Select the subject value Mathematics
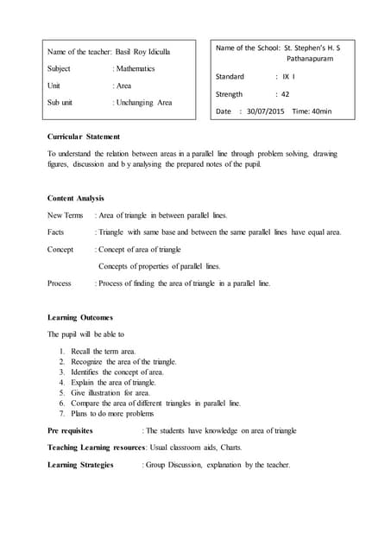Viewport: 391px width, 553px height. (x=136, y=68)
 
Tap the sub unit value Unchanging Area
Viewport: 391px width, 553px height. (x=144, y=103)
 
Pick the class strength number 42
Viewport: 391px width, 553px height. (x=284, y=94)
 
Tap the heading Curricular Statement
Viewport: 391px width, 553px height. (x=84, y=137)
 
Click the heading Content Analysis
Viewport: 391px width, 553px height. (x=76, y=198)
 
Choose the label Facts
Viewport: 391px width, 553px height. (x=56, y=232)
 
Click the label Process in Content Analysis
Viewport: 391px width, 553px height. (x=60, y=283)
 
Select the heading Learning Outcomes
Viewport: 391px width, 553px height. (x=80, y=317)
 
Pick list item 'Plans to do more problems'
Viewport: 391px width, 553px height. (x=113, y=413)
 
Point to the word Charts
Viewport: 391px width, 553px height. (x=229, y=448)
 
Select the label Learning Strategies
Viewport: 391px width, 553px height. (x=80, y=465)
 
